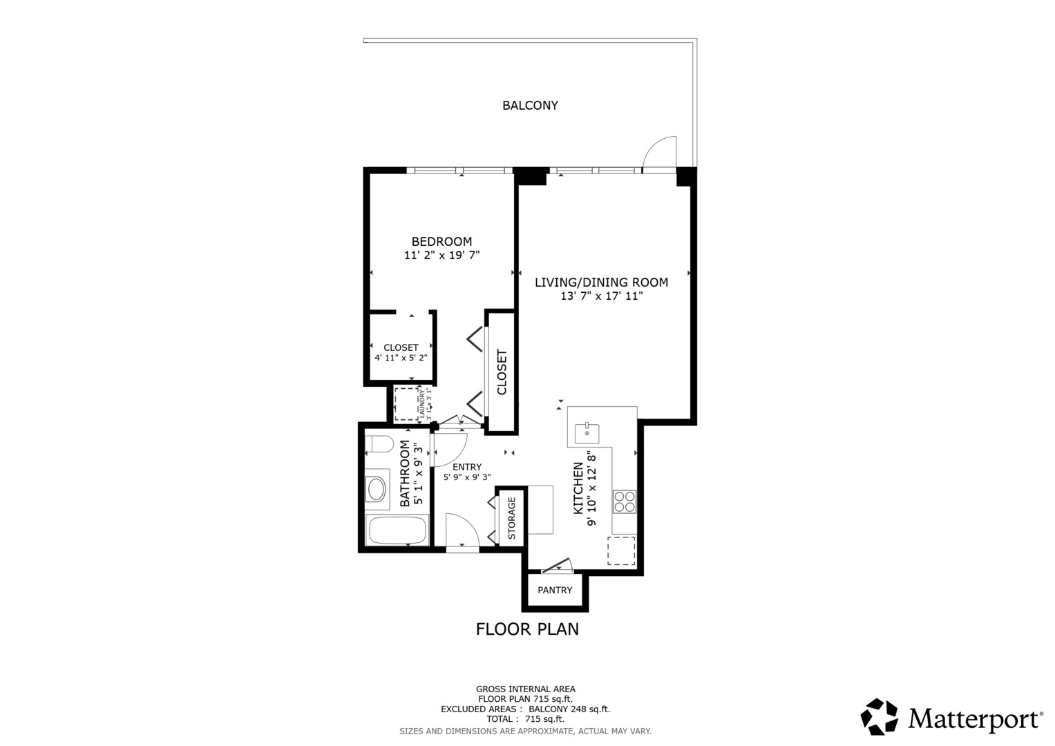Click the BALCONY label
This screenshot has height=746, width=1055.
tap(530, 106)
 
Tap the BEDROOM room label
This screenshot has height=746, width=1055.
tap(441, 241)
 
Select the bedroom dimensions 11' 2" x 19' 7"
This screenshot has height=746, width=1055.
tap(441, 256)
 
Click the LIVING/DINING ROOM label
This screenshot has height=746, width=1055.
tap(601, 282)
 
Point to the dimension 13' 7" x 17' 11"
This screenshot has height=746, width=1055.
tap(601, 296)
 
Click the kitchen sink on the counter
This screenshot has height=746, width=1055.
tap(587, 434)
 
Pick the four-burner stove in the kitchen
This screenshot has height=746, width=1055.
tap(625, 501)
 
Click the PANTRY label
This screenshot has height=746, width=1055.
tap(555, 591)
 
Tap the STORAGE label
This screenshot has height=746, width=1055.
tap(512, 518)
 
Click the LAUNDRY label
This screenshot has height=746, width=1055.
tap(421, 405)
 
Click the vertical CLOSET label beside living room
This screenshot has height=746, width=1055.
tap(502, 372)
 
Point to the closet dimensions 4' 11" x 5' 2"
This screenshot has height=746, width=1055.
tap(401, 358)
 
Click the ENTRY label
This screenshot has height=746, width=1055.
tap(467, 467)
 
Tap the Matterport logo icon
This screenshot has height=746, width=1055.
tap(880, 716)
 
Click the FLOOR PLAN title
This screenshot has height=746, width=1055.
tap(527, 629)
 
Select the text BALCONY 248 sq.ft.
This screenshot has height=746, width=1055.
tap(569, 709)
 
